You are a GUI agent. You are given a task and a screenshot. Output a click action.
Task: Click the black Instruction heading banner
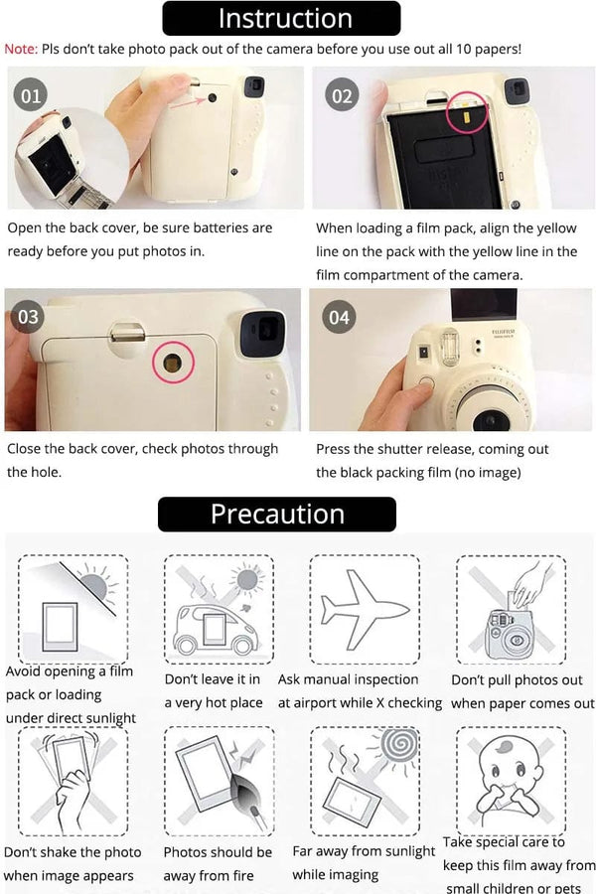pos(284,18)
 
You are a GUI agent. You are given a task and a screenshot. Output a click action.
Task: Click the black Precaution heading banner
pos(277,515)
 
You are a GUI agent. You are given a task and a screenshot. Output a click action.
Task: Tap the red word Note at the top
pos(20,48)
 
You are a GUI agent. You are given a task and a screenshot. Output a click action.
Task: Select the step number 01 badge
pos(32,95)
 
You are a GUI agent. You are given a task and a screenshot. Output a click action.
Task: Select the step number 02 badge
pos(342,95)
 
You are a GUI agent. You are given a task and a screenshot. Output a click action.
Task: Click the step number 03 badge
pos(29,316)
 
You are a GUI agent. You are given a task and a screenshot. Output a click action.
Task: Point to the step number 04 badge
pos(340,316)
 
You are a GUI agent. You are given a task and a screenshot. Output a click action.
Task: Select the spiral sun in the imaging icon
pos(404,748)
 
